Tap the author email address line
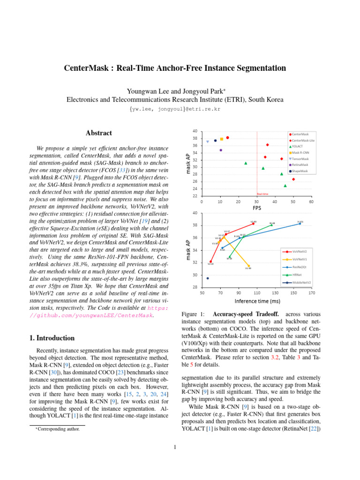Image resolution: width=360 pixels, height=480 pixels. pyautogui.click(x=174, y=109)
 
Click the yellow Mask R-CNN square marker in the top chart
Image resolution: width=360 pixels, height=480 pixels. pyautogui.click(x=222, y=139)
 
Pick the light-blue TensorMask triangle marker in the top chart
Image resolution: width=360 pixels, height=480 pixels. pyautogui.click(x=208, y=142)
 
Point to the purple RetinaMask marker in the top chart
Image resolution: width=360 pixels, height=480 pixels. pyautogui.click(x=221, y=150)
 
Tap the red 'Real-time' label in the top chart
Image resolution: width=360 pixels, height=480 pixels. pyautogui.click(x=262, y=193)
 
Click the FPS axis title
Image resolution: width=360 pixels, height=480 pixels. pyautogui.click(x=257, y=208)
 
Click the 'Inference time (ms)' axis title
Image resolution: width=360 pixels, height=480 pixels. pyautogui.click(x=257, y=301)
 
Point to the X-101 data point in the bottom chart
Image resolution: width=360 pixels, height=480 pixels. pyautogui.click(x=300, y=224)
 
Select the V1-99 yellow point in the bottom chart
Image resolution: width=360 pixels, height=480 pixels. pyautogui.click(x=249, y=266)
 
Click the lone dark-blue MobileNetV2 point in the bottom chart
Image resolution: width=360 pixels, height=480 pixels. pyautogui.click(x=208, y=278)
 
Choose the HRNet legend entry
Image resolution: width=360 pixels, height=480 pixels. pyautogui.click(x=296, y=275)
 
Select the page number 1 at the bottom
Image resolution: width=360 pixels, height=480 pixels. pyautogui.click(x=174, y=446)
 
